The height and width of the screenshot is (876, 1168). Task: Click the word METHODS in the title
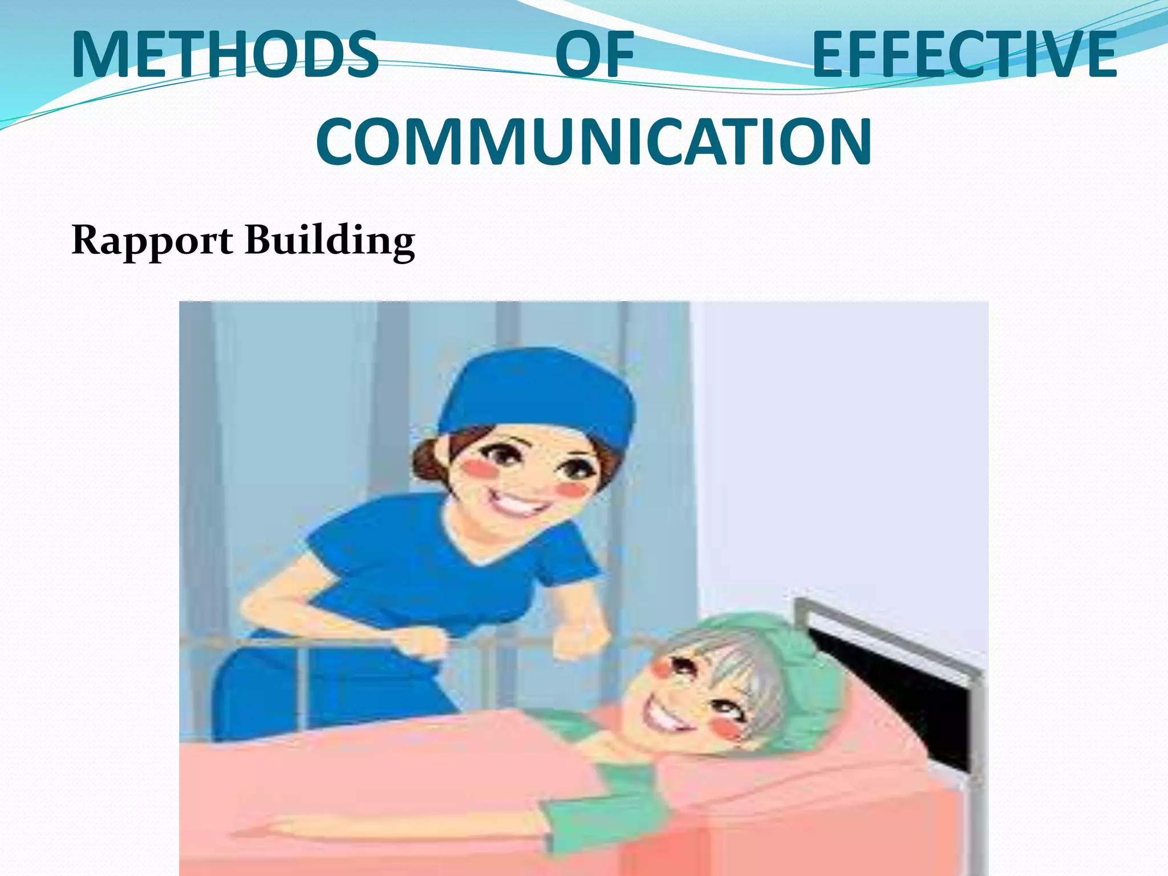click(x=225, y=54)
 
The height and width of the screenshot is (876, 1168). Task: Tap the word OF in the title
click(x=594, y=54)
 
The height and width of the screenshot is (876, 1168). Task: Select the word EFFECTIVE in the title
click(x=964, y=54)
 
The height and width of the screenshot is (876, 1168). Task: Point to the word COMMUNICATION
click(x=594, y=141)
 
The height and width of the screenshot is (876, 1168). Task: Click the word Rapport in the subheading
click(x=152, y=240)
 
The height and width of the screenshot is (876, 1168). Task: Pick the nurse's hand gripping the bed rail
click(x=422, y=644)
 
